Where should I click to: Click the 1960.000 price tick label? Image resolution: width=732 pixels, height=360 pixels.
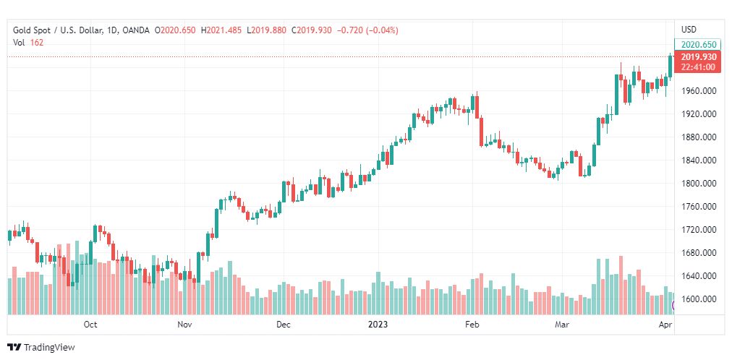click(x=699, y=91)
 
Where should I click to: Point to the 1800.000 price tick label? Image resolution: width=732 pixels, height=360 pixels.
click(x=699, y=184)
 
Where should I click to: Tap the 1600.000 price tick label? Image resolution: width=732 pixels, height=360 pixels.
click(x=699, y=299)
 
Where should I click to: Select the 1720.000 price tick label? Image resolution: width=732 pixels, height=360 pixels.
click(x=699, y=230)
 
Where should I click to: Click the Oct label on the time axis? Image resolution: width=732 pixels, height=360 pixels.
click(x=90, y=325)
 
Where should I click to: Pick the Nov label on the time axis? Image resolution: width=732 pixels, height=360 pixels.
click(x=184, y=325)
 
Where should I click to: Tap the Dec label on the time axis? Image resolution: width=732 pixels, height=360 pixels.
click(x=283, y=325)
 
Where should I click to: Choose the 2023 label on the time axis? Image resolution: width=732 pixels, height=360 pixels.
click(x=378, y=325)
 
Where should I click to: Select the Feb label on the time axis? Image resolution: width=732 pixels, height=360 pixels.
click(x=472, y=325)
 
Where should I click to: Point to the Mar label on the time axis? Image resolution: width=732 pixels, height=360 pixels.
click(x=562, y=325)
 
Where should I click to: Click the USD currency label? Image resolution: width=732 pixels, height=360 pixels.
click(x=689, y=30)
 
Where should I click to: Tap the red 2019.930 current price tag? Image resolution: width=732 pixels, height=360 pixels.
click(x=699, y=57)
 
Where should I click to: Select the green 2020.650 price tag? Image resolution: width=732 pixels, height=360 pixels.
click(x=699, y=45)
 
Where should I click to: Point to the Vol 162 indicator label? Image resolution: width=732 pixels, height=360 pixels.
click(x=27, y=43)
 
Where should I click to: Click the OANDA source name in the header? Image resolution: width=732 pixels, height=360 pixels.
click(x=137, y=30)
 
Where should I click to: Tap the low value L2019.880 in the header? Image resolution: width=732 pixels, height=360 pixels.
click(x=267, y=30)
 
